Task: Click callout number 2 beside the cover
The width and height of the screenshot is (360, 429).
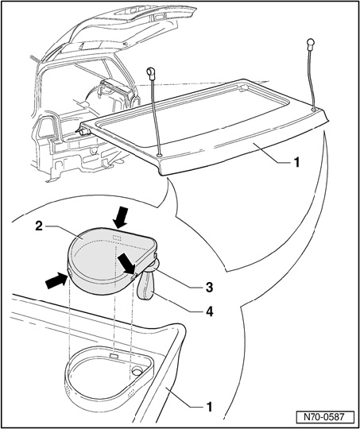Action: point(39,226)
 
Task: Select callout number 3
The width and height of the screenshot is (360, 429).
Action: point(209,288)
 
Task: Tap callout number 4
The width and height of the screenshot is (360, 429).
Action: point(209,312)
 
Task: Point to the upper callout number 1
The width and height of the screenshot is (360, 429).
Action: point(296,163)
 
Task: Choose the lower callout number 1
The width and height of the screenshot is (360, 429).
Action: point(209,407)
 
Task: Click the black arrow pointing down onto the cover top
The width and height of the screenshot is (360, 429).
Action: point(121,218)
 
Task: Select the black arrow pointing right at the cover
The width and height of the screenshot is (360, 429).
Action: point(56,281)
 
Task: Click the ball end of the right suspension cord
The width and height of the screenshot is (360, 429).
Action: point(311,43)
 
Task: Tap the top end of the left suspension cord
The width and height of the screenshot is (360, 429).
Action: point(151,71)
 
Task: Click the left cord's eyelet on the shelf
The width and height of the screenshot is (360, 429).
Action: point(159,156)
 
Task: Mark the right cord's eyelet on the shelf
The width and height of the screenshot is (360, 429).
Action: point(314,109)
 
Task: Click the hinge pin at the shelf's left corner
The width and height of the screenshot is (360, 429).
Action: point(85,132)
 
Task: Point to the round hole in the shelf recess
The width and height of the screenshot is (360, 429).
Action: point(137,371)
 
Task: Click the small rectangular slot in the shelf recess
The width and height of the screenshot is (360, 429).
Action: point(114,356)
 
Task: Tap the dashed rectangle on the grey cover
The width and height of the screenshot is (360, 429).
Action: point(117,238)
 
